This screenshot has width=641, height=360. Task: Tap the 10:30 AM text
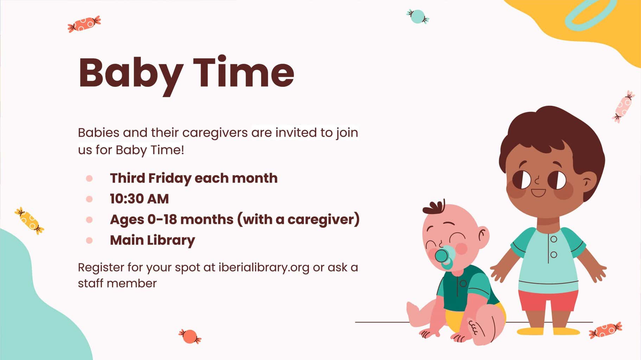pos(139,199)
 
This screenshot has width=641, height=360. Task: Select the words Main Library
pos(152,240)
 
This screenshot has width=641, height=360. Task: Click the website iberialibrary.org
pos(264,268)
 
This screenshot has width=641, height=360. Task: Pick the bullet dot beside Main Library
pos(89,240)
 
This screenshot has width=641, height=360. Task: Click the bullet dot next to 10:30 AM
pos(89,199)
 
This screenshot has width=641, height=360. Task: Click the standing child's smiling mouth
pos(538,193)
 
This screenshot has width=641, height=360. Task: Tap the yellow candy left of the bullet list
pos(29,220)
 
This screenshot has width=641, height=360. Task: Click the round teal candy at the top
pos(418,17)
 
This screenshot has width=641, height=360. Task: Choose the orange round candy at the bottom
pos(190,336)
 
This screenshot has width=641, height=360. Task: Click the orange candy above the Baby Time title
pos(84,24)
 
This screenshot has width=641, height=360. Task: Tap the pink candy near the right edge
pos(623,107)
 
